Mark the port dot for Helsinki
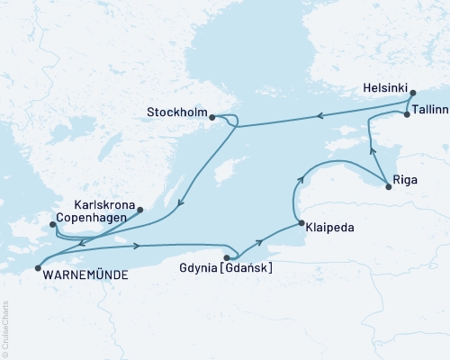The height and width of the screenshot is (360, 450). (x=412, y=92)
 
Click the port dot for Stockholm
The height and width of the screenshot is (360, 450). (x=211, y=116)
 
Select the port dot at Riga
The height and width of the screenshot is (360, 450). (x=388, y=186)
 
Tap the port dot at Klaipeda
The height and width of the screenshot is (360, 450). (x=298, y=223)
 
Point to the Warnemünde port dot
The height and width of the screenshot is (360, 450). (x=37, y=267)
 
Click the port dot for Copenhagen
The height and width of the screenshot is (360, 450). (x=52, y=224)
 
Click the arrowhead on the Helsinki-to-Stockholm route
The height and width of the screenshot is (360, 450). (x=317, y=115)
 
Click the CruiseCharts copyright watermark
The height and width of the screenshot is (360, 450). (x=5, y=328)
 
